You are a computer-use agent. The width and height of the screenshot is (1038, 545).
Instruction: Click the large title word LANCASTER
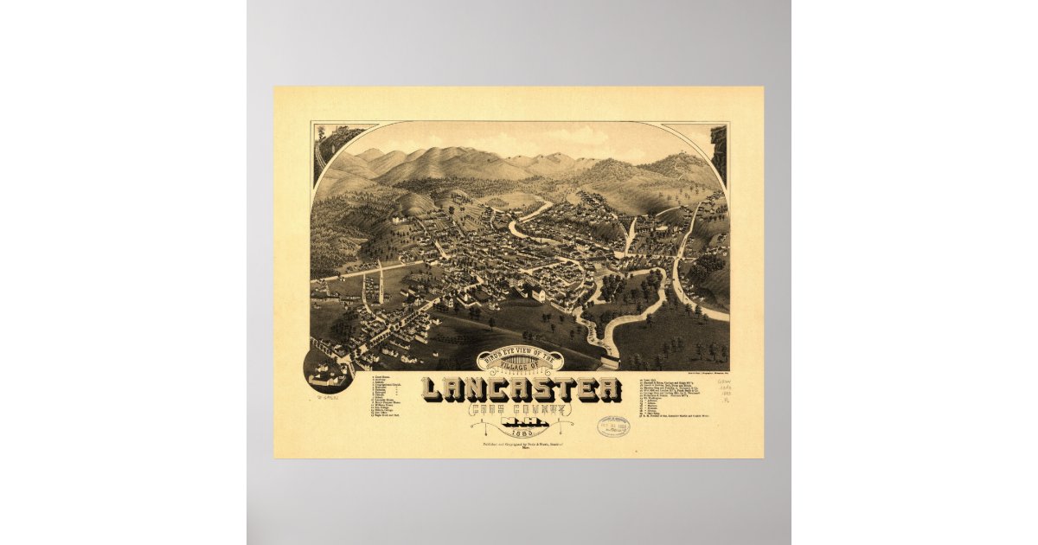click(x=522, y=391)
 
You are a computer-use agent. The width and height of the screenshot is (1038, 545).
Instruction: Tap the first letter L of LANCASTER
click(x=433, y=391)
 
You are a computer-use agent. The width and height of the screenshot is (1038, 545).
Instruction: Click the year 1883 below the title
click(x=521, y=434)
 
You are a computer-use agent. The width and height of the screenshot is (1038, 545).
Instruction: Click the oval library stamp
click(x=612, y=426)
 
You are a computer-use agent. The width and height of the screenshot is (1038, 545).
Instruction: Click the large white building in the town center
click(x=537, y=295)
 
